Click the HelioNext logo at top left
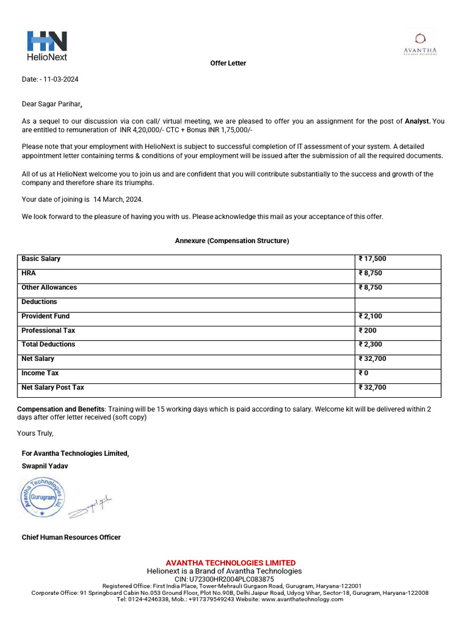(x=47, y=46)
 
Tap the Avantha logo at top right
(x=420, y=44)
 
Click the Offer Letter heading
(x=228, y=63)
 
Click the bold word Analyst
(x=417, y=122)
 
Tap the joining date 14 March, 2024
(x=118, y=199)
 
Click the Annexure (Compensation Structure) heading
(x=232, y=241)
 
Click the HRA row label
(x=28, y=273)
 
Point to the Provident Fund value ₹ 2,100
(x=370, y=316)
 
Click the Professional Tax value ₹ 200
(x=368, y=331)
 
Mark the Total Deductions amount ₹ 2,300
(x=370, y=345)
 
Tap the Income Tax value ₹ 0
(x=364, y=373)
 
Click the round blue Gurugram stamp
(x=42, y=498)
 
